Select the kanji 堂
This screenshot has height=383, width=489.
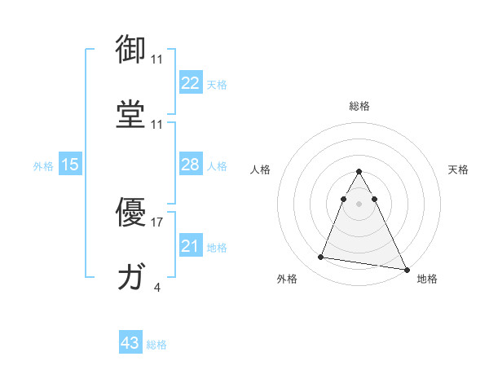tap(131, 113)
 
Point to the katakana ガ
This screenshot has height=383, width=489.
tap(131, 277)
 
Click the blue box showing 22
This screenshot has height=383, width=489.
tap(190, 83)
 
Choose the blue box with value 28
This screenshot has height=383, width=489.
tap(190, 165)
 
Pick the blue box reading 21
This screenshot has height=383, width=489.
tap(190, 246)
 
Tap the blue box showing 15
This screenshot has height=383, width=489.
tap(70, 165)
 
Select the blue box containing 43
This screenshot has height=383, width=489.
tap(130, 343)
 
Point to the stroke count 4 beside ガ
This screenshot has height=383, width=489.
tap(156, 287)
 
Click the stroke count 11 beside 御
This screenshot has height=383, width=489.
tap(156, 59)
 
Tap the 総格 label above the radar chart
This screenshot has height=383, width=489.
tap(359, 106)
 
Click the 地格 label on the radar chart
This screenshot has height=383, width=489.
tap(427, 279)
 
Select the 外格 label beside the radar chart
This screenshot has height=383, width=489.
tap(287, 279)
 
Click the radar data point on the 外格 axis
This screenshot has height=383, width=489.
tap(321, 258)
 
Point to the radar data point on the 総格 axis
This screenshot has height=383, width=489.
tap(359, 172)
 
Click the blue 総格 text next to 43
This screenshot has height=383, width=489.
tap(156, 345)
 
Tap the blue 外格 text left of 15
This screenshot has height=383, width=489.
tap(43, 166)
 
